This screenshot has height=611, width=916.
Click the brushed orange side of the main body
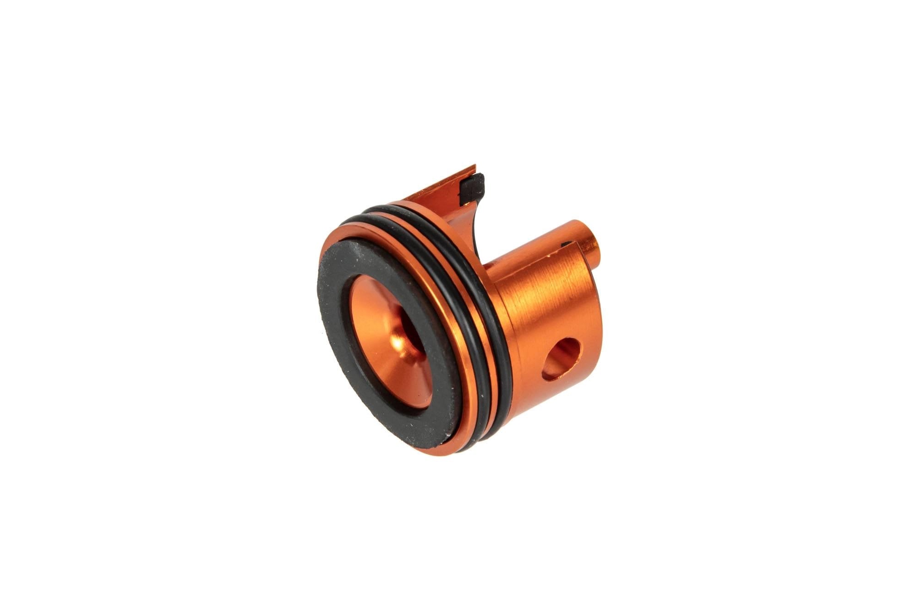click(x=540, y=312)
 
